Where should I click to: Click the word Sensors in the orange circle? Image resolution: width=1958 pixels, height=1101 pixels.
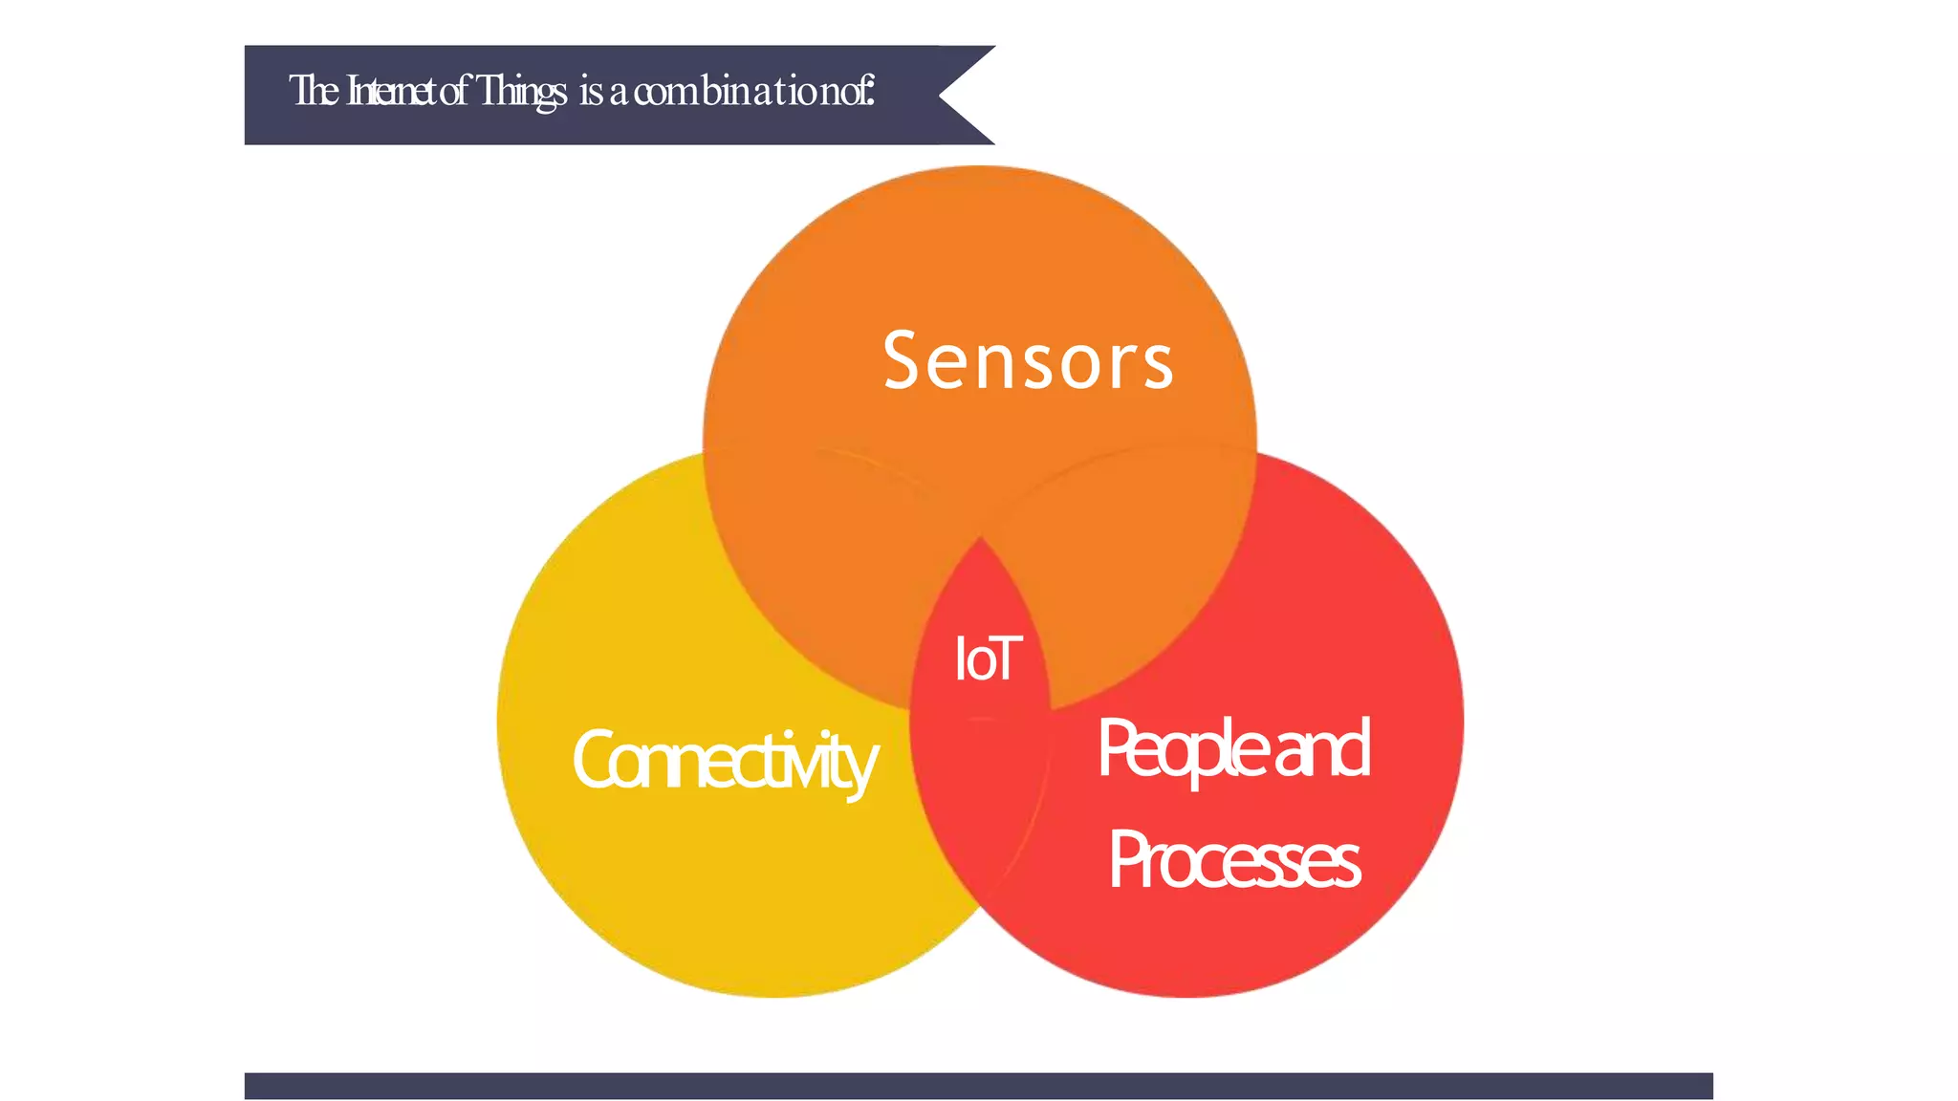pyautogui.click(x=1028, y=361)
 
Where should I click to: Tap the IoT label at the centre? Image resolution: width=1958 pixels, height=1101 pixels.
pyautogui.click(x=988, y=658)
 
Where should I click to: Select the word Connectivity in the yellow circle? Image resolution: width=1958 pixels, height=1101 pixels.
pyautogui.click(x=724, y=762)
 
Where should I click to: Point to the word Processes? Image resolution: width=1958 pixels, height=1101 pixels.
pyautogui.click(x=1233, y=860)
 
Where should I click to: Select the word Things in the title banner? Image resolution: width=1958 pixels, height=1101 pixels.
pyautogui.click(x=521, y=92)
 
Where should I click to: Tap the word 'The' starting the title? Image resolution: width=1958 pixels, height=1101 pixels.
pyautogui.click(x=313, y=92)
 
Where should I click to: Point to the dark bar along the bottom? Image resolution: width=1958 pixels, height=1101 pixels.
pyautogui.click(x=978, y=1086)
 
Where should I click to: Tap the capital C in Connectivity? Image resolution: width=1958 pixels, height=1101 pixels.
pyautogui.click(x=595, y=760)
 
